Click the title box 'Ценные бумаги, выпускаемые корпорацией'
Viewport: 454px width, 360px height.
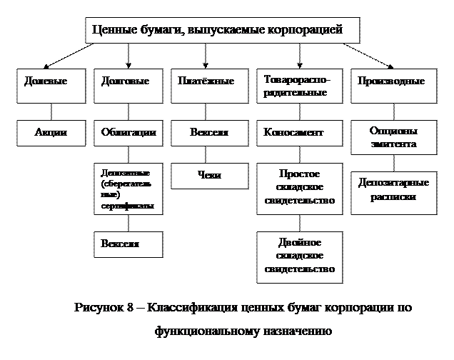coord(221,31)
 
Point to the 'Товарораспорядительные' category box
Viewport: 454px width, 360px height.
coord(298,86)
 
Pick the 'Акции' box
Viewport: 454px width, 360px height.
coord(51,133)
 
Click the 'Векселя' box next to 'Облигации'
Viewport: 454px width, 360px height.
coord(209,133)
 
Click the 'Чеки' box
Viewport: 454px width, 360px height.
coord(209,175)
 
